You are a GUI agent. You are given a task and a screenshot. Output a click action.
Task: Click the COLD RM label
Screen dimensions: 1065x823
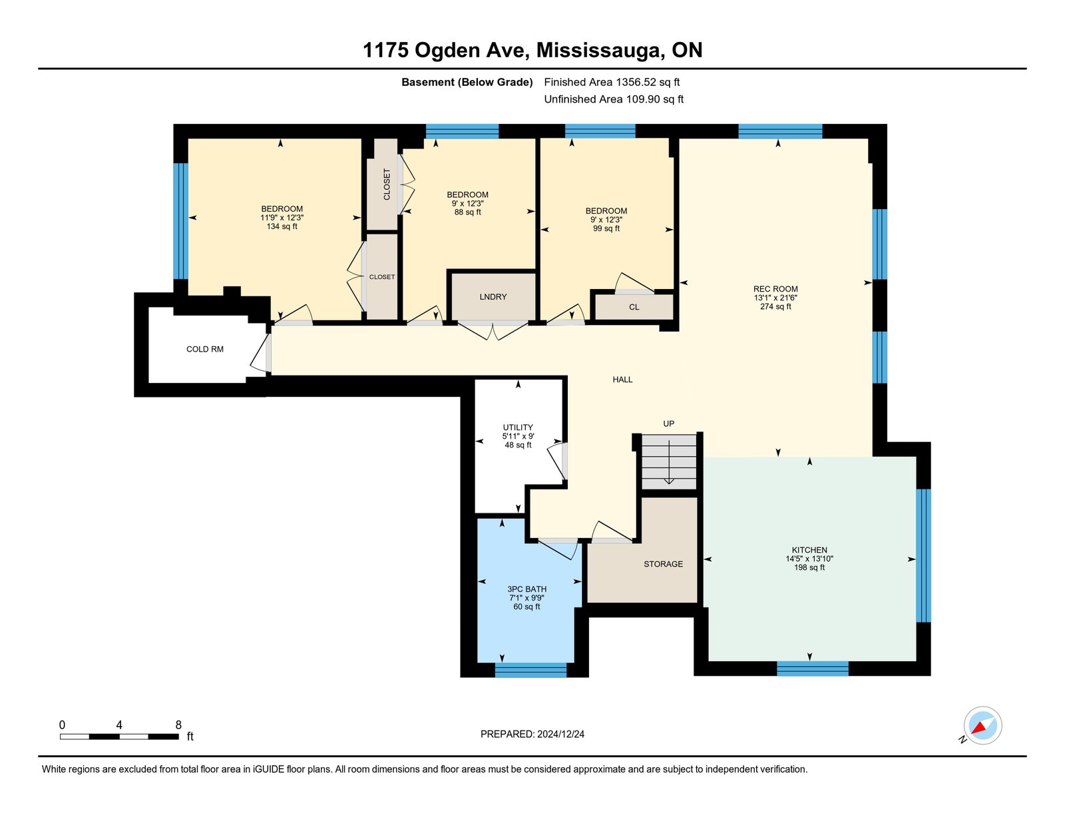(x=205, y=349)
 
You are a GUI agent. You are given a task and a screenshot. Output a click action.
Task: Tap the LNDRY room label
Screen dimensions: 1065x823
(x=493, y=296)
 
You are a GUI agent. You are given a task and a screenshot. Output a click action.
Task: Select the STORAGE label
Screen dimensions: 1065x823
(x=663, y=564)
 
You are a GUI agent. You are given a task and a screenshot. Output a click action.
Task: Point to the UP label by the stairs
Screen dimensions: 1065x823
(x=668, y=423)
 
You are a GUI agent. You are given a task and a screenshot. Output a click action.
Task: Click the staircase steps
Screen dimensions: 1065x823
(x=669, y=461)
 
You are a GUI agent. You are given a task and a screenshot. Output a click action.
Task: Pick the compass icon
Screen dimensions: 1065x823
(x=982, y=726)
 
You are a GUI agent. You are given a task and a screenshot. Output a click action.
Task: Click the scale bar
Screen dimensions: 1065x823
(x=119, y=736)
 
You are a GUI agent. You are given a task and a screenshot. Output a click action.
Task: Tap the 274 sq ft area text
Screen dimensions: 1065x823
(x=775, y=306)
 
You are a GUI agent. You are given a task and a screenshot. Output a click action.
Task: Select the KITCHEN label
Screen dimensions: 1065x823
(x=809, y=550)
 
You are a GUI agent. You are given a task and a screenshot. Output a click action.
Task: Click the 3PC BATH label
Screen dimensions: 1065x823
(x=527, y=589)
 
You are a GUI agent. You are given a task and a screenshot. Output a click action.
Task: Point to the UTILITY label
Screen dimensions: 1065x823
(x=518, y=427)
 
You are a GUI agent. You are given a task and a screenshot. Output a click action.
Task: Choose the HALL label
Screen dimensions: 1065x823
(x=622, y=380)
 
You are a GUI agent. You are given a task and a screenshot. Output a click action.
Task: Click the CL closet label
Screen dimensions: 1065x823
(x=634, y=307)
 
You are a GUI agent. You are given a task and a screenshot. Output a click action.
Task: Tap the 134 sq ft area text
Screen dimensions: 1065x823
(x=282, y=226)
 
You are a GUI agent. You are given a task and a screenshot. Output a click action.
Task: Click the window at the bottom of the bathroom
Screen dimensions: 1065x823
(x=531, y=670)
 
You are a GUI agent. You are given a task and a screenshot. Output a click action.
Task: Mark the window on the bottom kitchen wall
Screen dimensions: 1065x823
(x=813, y=669)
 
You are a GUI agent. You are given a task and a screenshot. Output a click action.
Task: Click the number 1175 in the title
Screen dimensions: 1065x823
(x=385, y=50)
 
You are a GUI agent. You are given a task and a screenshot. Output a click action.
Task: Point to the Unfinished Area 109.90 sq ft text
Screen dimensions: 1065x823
(x=614, y=99)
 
